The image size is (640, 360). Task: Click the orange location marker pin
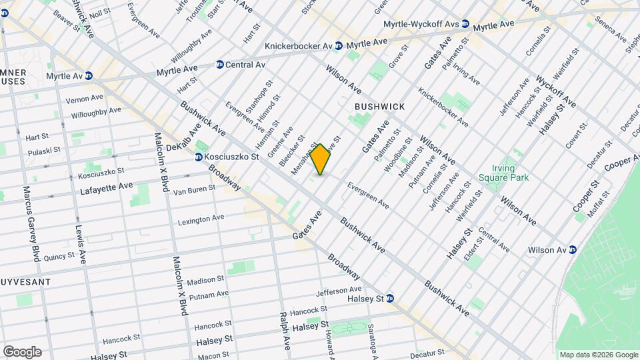pyautogui.click(x=321, y=159)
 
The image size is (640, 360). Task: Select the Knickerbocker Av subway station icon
pyautogui.click(x=339, y=45)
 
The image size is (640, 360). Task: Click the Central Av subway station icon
pyautogui.click(x=219, y=65)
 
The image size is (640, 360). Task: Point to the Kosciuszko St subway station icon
pyautogui.click(x=199, y=157)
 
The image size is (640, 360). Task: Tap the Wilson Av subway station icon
pyautogui.click(x=572, y=250)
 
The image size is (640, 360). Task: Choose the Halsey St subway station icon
pyautogui.click(x=391, y=299)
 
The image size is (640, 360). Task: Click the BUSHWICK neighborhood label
pyautogui.click(x=379, y=107)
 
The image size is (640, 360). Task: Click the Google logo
pyautogui.click(x=22, y=352)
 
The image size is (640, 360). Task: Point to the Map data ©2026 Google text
pyautogui.click(x=597, y=355)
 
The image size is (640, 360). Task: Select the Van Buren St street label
pyautogui.click(x=194, y=189)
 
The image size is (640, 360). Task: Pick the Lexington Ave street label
pyautogui.click(x=201, y=219)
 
